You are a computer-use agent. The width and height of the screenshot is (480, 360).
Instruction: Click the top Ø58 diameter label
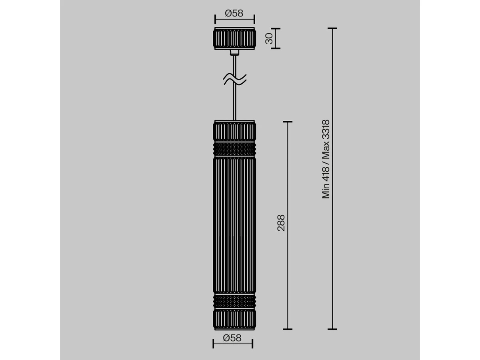(234, 14)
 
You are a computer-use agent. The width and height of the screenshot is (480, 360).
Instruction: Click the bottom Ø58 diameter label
(232, 338)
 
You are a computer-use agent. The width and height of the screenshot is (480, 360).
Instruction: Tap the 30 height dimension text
(269, 38)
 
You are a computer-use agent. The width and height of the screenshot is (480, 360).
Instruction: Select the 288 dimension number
(281, 223)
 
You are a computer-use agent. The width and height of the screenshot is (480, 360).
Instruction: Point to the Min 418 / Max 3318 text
(326, 159)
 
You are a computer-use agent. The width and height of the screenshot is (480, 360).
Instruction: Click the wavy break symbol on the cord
(235, 79)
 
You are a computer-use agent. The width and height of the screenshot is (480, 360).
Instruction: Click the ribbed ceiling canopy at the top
(234, 38)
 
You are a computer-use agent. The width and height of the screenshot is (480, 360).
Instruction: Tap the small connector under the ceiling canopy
(234, 52)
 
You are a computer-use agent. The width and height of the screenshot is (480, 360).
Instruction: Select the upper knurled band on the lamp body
(234, 149)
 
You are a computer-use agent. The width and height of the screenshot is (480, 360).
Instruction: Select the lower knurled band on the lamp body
(234, 302)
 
